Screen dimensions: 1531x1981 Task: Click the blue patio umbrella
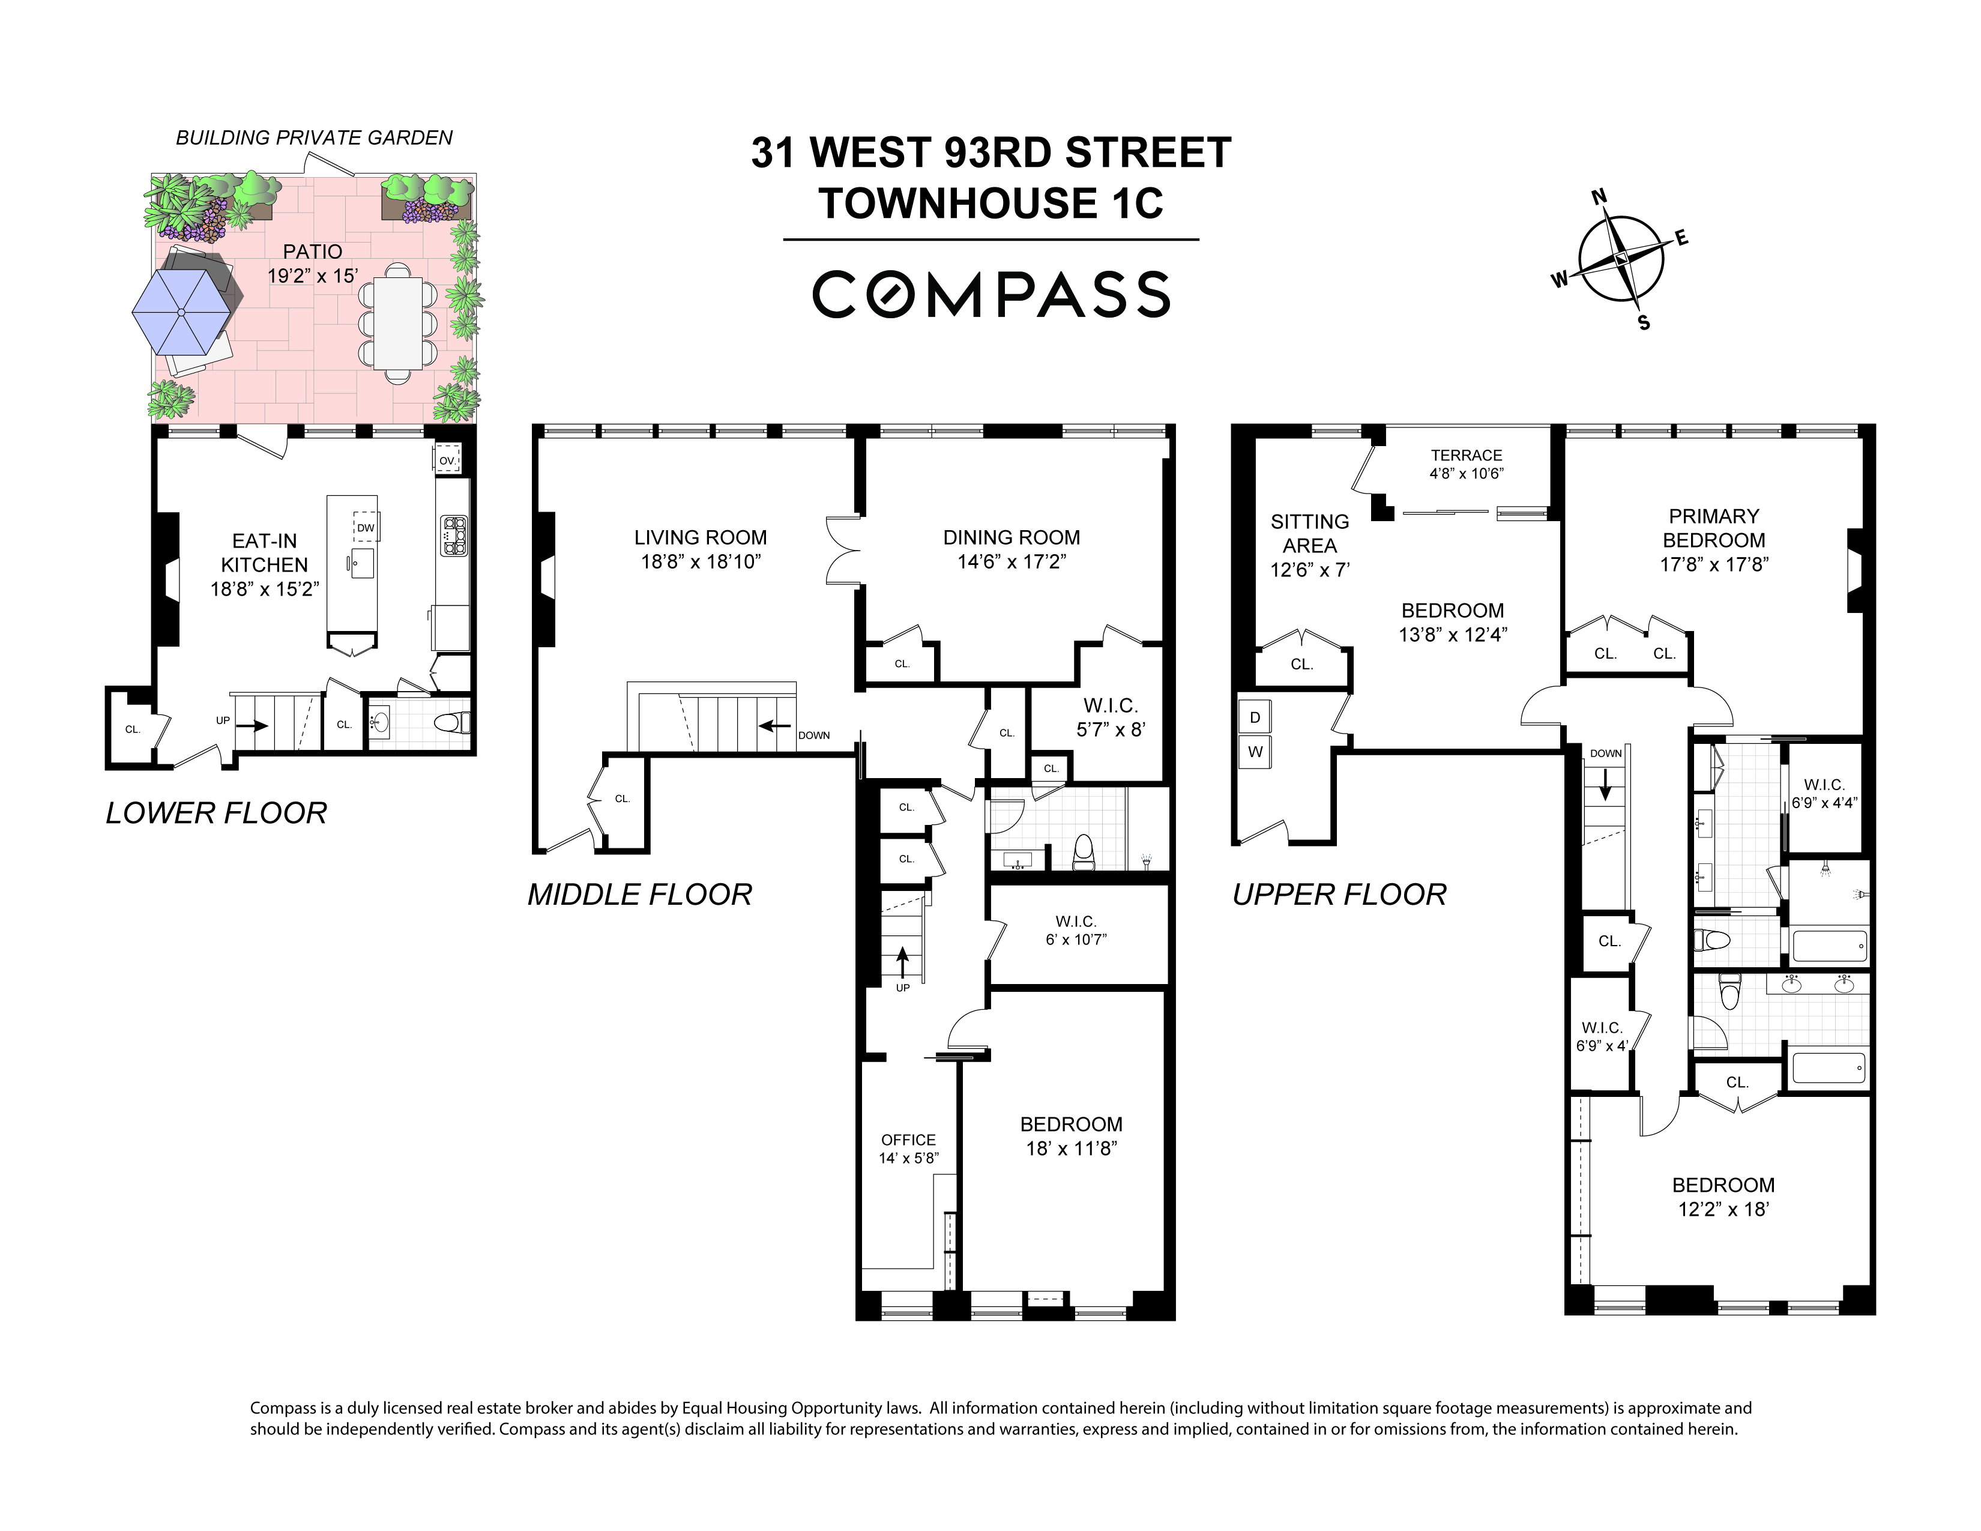pos(181,312)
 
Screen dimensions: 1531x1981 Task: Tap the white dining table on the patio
pos(397,322)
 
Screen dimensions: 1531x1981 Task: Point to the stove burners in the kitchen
pos(453,535)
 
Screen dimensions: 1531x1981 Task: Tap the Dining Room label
pos(1012,537)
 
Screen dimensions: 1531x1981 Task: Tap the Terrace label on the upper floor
pos(1467,455)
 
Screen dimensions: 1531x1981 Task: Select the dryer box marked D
pos(1255,717)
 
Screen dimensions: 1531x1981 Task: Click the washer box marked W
pos(1255,752)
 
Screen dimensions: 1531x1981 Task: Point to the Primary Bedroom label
pos(1713,528)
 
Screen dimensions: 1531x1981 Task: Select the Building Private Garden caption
pos(314,138)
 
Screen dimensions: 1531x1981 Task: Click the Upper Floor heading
pos(1339,895)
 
